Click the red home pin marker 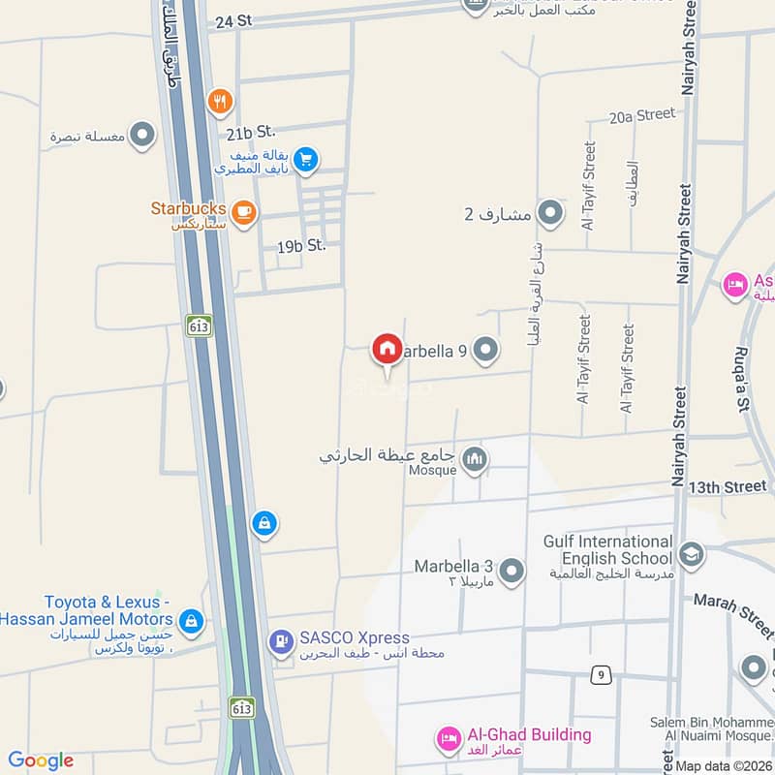(x=387, y=349)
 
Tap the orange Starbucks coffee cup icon (x=243, y=211)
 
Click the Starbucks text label (x=189, y=208)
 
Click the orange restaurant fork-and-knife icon (x=221, y=99)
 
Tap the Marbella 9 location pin (x=485, y=350)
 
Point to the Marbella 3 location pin (x=511, y=572)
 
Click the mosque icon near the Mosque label (x=475, y=460)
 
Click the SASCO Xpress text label (x=355, y=638)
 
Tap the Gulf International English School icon (x=692, y=553)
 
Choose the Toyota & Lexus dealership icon (x=191, y=620)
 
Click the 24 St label (x=234, y=20)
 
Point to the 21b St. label (x=252, y=131)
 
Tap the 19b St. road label (x=301, y=246)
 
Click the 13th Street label (x=728, y=486)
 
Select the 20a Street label (x=642, y=115)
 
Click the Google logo (x=41, y=761)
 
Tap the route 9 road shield (x=603, y=675)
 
